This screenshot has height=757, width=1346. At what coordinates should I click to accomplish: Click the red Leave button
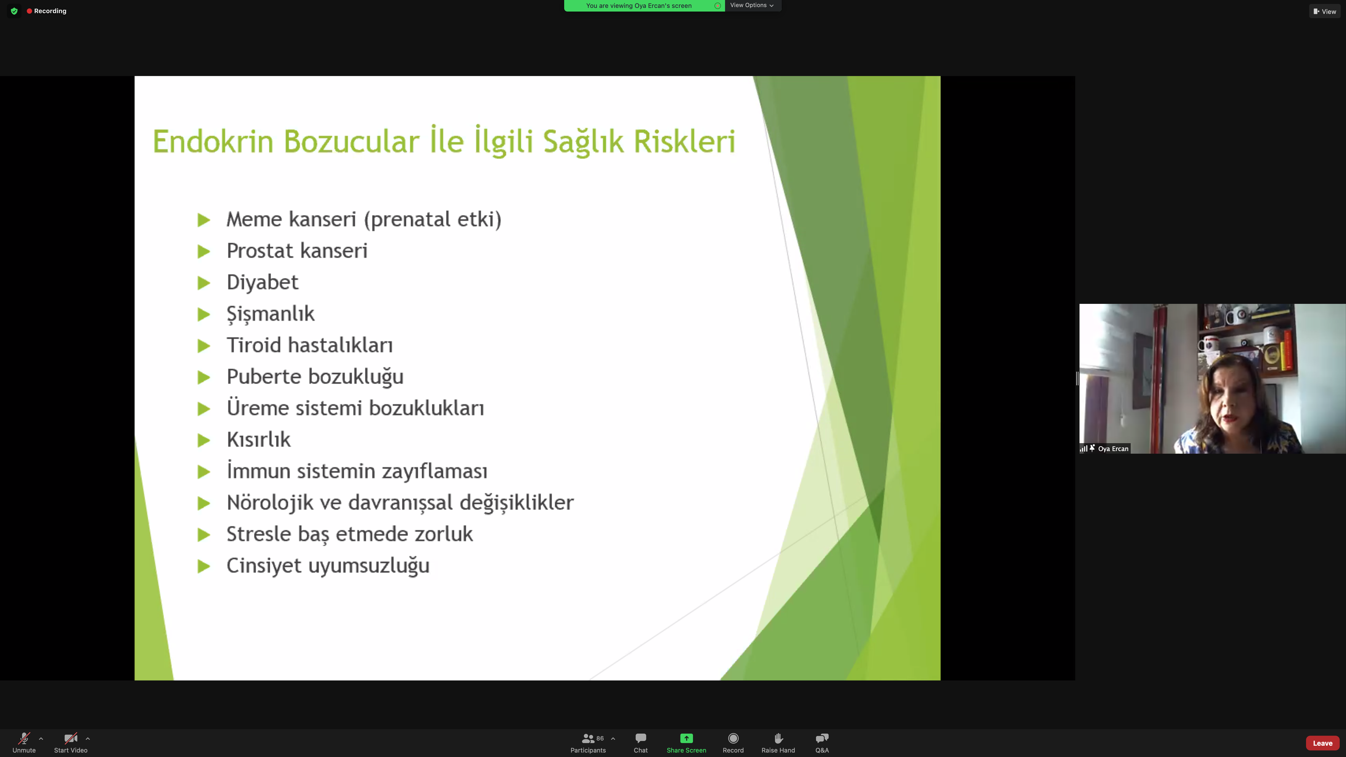tap(1323, 743)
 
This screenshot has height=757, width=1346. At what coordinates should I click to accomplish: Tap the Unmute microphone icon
tap(24, 738)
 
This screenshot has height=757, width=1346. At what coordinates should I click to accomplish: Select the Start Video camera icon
tap(70, 738)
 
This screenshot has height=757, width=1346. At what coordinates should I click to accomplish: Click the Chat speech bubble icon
tap(641, 738)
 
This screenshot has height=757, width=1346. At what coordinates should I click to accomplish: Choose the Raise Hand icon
tap(778, 738)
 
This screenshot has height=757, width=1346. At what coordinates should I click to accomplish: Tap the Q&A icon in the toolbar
tap(822, 738)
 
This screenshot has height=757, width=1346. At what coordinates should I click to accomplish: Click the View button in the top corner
tap(1325, 11)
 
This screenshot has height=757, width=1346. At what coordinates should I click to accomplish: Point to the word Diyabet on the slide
tap(262, 282)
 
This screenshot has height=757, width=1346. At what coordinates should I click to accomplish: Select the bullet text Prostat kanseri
tap(297, 251)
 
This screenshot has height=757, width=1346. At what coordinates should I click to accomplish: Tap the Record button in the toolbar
tap(733, 742)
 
